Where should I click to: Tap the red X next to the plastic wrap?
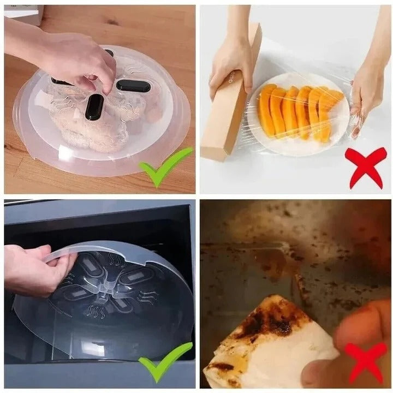click(366, 167)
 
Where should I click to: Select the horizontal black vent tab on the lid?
click(133, 86)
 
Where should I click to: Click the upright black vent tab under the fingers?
click(94, 106)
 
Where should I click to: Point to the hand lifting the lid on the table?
click(76, 60)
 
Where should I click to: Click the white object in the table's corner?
click(25, 14)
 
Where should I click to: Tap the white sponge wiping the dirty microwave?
click(267, 344)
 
